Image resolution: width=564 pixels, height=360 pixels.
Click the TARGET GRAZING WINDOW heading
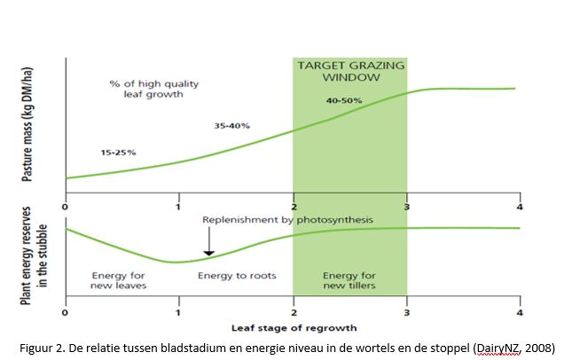(349, 71)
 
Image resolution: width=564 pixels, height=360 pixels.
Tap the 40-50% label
(344, 100)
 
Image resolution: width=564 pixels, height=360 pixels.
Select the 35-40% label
(231, 126)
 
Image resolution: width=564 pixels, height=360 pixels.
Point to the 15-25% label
(118, 153)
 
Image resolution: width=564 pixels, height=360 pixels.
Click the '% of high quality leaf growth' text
(154, 89)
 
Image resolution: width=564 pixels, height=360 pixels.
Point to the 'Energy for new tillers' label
(349, 280)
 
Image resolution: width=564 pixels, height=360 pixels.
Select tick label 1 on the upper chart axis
(179, 207)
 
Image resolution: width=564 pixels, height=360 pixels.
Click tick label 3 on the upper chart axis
(406, 207)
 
